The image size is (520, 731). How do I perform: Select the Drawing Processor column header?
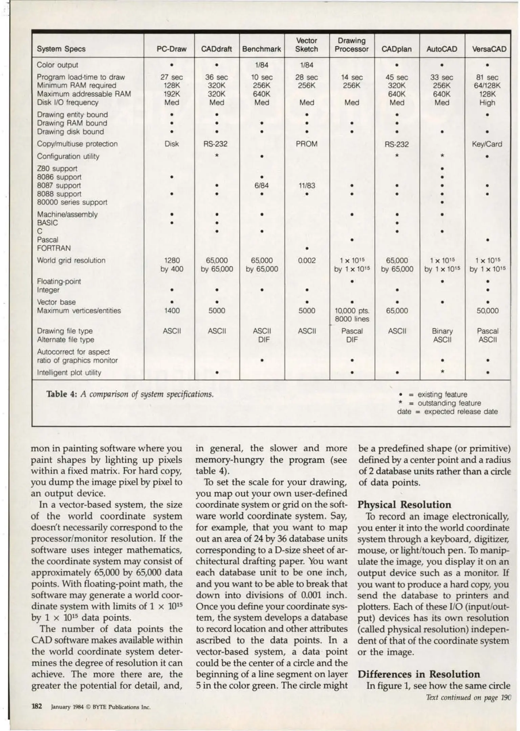[x=351, y=45]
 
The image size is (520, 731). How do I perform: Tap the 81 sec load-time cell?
[x=487, y=77]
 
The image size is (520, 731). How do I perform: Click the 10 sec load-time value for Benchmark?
[x=262, y=77]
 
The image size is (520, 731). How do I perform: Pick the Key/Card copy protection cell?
[x=487, y=144]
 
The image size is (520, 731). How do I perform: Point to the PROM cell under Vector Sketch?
[x=306, y=144]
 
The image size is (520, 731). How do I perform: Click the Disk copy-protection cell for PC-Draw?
[x=172, y=144]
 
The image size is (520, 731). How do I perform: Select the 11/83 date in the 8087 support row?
[x=306, y=185]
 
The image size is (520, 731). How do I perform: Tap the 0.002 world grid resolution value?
[x=306, y=261]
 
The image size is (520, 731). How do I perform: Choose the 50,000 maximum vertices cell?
[x=487, y=311]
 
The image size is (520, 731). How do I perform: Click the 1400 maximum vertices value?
[x=172, y=311]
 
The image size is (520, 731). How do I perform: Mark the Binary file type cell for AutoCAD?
[x=442, y=331]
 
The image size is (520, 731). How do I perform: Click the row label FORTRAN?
[x=54, y=248]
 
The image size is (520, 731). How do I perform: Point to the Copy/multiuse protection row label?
[x=77, y=144]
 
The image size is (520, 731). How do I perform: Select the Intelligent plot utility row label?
[x=69, y=373]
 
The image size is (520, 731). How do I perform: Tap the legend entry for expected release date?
[x=447, y=412]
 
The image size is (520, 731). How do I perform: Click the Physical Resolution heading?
[x=404, y=505]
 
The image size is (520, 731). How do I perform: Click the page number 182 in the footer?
[x=37, y=706]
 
